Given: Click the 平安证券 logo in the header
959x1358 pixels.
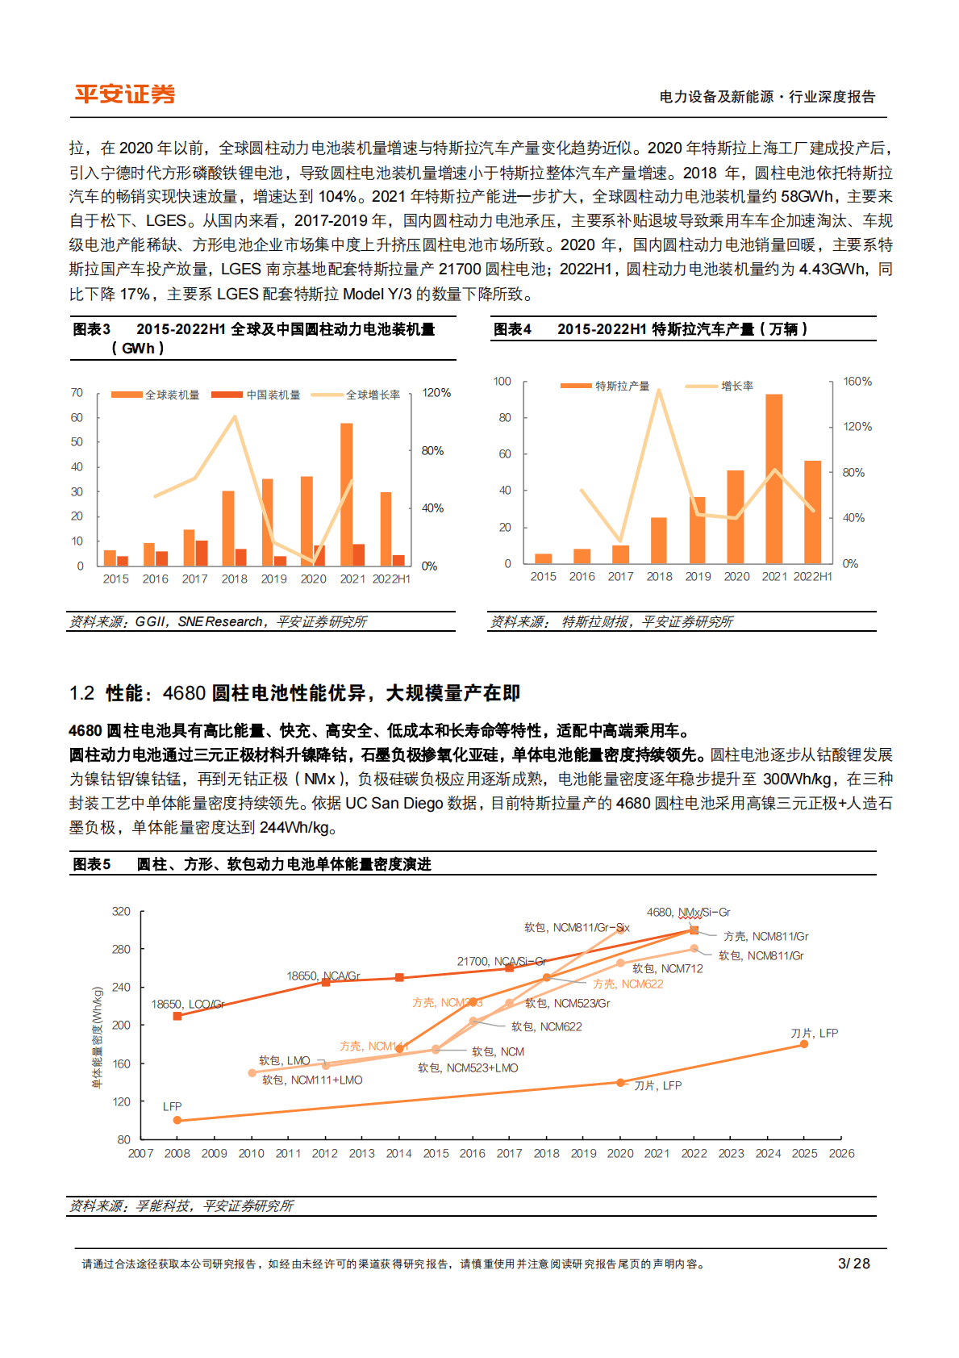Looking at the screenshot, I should (x=125, y=94).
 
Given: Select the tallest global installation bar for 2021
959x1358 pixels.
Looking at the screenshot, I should (x=347, y=494).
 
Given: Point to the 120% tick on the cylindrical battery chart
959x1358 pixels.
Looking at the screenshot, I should (x=436, y=393).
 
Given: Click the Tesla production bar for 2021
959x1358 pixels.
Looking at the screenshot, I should (x=774, y=478).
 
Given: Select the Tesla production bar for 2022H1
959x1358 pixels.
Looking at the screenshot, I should (x=812, y=512).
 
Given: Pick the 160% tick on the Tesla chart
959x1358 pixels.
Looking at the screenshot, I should (x=857, y=382).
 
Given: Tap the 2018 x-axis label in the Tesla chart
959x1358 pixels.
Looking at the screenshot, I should (x=659, y=577).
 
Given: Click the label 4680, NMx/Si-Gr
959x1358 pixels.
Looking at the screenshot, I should (x=688, y=913).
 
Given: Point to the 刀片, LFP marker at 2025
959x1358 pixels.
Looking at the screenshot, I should (x=804, y=1044).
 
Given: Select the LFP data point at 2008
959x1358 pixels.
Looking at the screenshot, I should (x=177, y=1120).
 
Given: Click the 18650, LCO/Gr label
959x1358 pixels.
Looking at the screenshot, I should (x=187, y=1005).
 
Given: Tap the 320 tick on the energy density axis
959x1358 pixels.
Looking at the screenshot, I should (x=121, y=912).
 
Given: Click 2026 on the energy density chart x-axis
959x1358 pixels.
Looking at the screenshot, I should (x=841, y=1154).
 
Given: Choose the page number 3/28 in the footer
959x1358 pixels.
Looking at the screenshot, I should (x=854, y=1264).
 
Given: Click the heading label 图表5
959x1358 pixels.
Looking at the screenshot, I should (x=92, y=864).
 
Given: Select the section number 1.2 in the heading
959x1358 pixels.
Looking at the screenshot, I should (x=82, y=693).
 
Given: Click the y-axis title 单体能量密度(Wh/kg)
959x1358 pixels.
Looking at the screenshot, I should (x=98, y=1037).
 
